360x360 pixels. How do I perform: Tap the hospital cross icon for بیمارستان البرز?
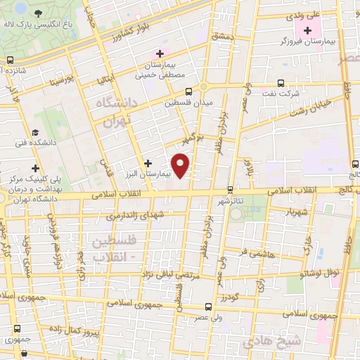pos(148,163)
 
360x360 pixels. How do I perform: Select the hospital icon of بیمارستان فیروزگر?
pos(307,30)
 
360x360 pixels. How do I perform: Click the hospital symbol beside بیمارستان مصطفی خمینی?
pos(160,53)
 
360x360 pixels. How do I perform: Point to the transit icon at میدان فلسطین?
pos(188,91)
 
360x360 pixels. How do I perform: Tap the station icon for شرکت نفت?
pos(281,82)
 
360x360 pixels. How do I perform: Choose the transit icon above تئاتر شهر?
pos(230,189)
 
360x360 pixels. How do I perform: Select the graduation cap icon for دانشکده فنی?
pos(34,133)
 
